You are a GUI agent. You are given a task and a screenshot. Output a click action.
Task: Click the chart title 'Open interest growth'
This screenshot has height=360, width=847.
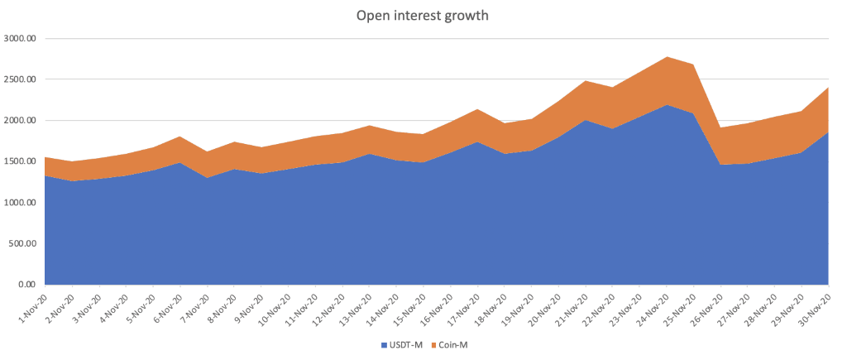click(423, 15)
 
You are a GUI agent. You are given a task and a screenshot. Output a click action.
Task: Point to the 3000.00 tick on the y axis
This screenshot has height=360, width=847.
click(20, 38)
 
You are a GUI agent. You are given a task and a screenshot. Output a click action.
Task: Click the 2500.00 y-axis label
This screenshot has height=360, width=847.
click(20, 79)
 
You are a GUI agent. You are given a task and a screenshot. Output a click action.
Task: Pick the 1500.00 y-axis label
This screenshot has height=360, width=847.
click(20, 161)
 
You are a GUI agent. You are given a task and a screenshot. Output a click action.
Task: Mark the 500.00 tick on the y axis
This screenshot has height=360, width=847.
click(22, 244)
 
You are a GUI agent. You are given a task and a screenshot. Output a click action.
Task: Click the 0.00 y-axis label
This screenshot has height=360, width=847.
click(28, 285)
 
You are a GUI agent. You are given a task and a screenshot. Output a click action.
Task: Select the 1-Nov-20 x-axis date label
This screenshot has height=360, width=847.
click(31, 307)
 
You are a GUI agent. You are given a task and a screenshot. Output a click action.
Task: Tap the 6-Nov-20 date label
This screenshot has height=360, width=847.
click(167, 307)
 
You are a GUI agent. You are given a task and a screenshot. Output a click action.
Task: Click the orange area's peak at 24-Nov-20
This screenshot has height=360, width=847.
click(667, 57)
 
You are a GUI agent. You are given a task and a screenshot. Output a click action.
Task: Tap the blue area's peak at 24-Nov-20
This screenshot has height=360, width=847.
click(667, 105)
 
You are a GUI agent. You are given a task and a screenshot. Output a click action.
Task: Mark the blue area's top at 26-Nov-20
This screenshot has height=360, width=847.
click(721, 166)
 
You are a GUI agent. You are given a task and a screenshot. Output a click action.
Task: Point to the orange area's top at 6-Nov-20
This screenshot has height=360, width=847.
click(180, 137)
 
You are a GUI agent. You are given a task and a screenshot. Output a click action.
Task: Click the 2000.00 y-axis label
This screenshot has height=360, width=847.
click(20, 121)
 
